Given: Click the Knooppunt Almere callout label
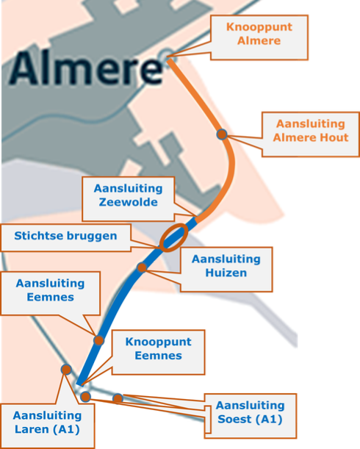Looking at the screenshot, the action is click(x=259, y=37).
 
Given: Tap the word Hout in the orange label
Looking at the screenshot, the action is click(x=334, y=137).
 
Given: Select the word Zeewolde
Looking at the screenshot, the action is click(x=129, y=202).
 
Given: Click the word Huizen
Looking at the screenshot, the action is click(x=226, y=273).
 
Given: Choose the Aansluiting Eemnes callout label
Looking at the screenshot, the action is click(x=51, y=293).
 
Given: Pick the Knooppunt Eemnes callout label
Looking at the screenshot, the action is click(x=159, y=352).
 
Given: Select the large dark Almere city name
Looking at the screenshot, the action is click(x=86, y=68).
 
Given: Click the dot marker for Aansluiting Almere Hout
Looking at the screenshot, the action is click(x=222, y=134).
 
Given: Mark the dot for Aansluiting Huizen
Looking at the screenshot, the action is click(x=142, y=267).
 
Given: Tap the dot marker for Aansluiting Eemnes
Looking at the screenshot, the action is click(x=98, y=340).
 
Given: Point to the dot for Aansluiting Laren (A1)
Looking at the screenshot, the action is click(x=66, y=370).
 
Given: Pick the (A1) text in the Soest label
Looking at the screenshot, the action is click(x=269, y=419).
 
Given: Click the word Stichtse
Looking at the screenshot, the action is click(x=39, y=236).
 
